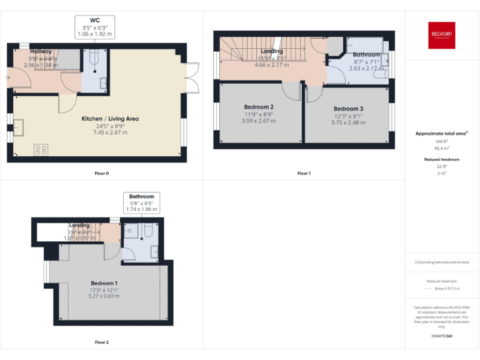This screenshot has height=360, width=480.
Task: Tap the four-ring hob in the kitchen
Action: (x=41, y=149)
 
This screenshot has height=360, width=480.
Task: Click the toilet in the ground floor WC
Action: (x=92, y=58)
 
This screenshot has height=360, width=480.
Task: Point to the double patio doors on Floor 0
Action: (x=194, y=77)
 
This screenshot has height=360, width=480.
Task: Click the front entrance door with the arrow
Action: (x=14, y=77)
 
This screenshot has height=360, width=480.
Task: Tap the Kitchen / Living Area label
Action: (x=110, y=118)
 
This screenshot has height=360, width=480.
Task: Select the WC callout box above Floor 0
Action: (x=94, y=27)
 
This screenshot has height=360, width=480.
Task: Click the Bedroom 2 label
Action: (x=258, y=107)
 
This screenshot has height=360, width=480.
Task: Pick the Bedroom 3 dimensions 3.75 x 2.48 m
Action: (x=347, y=122)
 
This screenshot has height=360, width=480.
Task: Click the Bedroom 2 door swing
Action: (x=291, y=91)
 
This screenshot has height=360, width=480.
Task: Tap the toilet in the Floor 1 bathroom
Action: (x=380, y=75)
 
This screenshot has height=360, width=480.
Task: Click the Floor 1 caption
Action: (x=304, y=173)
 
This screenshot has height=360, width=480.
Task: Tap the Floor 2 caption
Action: (x=102, y=342)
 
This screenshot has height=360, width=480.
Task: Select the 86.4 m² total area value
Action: (x=442, y=148)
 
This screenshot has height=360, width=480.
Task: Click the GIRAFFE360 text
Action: (x=442, y=337)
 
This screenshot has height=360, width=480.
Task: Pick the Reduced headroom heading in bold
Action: (x=442, y=159)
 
